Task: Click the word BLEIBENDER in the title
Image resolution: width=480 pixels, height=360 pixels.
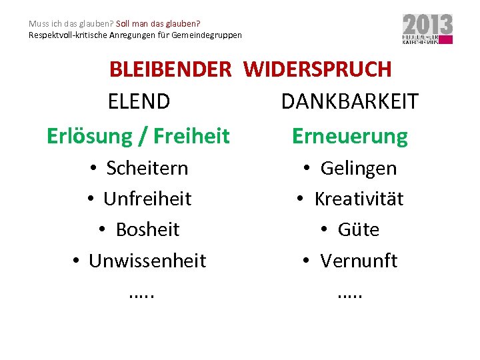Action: (171, 69)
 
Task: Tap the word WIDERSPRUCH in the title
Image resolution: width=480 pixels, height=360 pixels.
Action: (317, 69)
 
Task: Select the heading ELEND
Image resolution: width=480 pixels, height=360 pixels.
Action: (139, 102)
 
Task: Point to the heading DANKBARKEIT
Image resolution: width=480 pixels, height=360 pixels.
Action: (350, 102)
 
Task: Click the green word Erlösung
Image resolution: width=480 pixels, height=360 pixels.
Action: (90, 136)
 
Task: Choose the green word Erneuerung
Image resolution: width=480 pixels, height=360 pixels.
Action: (350, 136)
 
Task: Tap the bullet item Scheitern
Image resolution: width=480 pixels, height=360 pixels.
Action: (147, 168)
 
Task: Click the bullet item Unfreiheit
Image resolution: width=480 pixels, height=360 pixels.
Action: (147, 199)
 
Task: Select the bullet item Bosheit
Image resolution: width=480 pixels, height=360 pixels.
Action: (147, 229)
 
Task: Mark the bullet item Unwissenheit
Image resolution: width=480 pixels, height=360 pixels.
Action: (147, 261)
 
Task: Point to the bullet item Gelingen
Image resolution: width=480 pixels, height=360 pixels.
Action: (359, 168)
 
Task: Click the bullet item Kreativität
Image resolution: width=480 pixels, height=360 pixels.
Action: (359, 199)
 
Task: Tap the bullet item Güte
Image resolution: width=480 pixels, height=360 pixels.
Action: (359, 229)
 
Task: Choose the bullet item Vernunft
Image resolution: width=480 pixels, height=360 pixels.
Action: (359, 261)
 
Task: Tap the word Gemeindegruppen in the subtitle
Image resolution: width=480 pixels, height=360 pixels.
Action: (209, 35)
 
